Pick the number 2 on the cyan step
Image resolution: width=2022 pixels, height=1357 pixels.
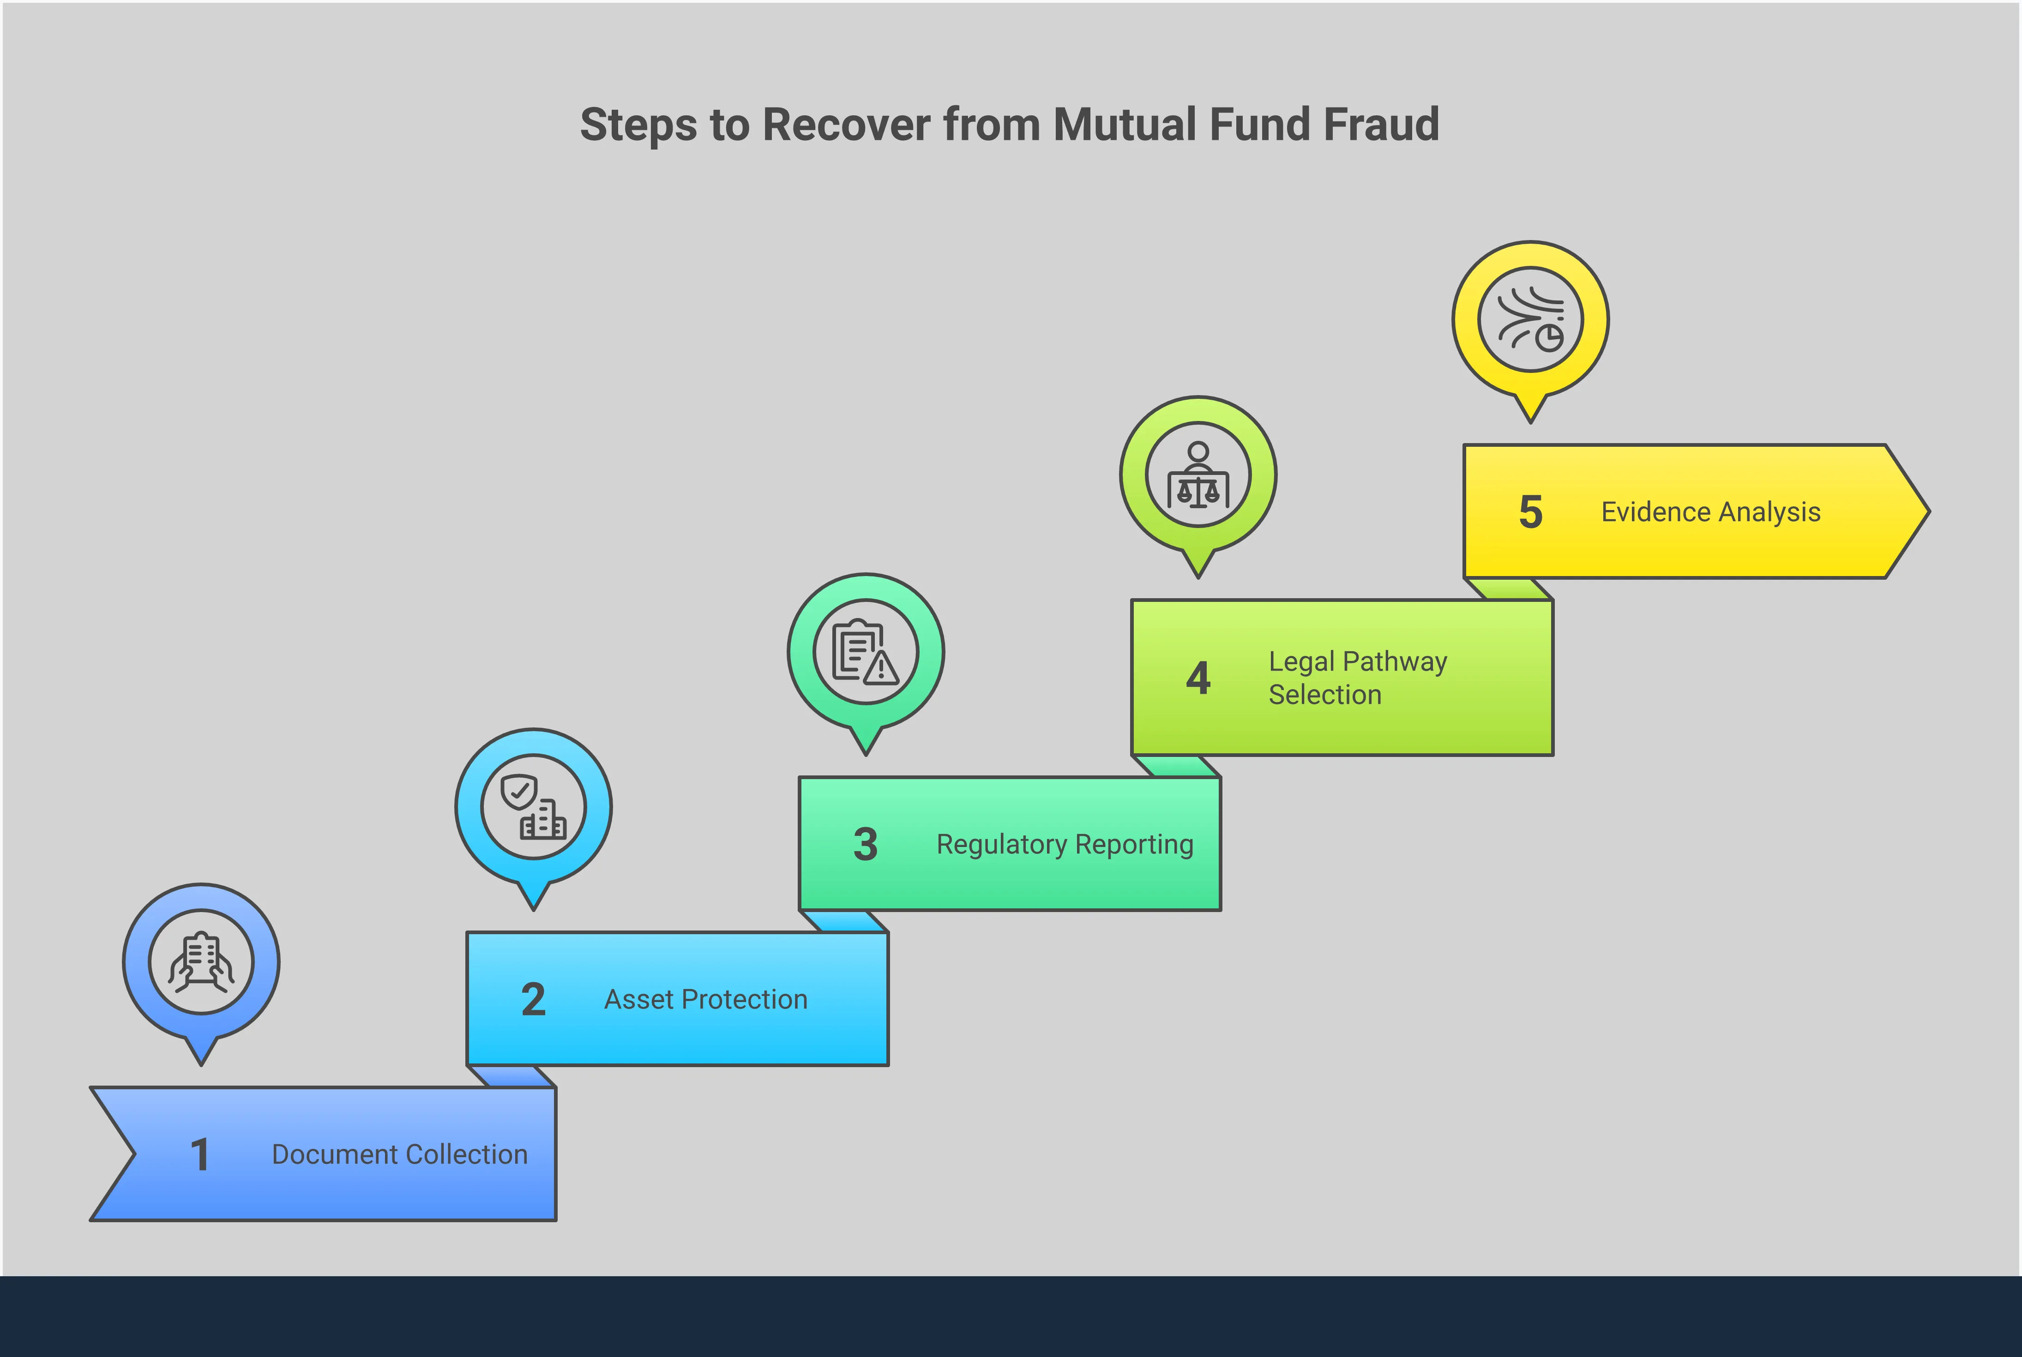533,1000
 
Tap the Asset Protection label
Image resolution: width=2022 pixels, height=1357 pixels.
705,1000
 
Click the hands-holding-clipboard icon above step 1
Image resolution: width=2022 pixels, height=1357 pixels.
201,961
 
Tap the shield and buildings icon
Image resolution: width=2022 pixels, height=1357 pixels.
533,807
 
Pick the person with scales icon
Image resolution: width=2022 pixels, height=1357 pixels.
1198,475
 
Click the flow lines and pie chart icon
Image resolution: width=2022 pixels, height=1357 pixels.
1530,319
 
